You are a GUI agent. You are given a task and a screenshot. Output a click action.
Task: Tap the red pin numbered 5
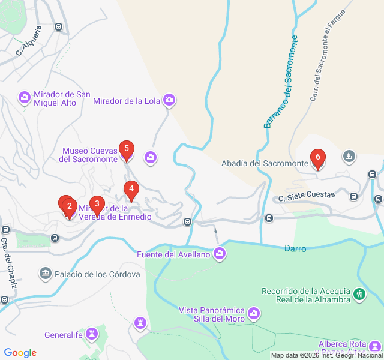[x=126, y=148]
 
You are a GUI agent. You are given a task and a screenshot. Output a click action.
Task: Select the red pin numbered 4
[x=131, y=189]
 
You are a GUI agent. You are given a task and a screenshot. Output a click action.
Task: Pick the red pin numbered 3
[x=97, y=204]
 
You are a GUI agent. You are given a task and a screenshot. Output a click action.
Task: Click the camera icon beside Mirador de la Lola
[x=169, y=100]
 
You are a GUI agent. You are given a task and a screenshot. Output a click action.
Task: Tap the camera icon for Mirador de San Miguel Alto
[x=25, y=97]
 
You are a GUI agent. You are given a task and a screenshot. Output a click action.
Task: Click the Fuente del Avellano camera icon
[x=220, y=254]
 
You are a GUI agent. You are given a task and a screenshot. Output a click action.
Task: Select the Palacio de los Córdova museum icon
[x=45, y=274]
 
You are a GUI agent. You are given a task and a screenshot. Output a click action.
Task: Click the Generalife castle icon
[x=92, y=334]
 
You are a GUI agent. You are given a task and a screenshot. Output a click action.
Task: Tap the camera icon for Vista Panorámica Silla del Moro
[x=254, y=313]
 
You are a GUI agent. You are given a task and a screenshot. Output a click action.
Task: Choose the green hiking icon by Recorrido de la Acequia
[x=359, y=294]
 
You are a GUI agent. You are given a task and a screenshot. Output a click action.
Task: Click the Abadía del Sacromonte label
[x=265, y=163]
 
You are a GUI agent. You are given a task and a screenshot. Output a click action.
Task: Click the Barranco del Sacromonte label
[x=281, y=82]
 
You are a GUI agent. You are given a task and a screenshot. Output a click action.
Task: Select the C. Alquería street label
[x=29, y=40]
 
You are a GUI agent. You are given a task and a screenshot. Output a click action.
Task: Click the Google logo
[x=20, y=353]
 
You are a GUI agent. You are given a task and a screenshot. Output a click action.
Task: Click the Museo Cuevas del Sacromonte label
[x=88, y=155]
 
